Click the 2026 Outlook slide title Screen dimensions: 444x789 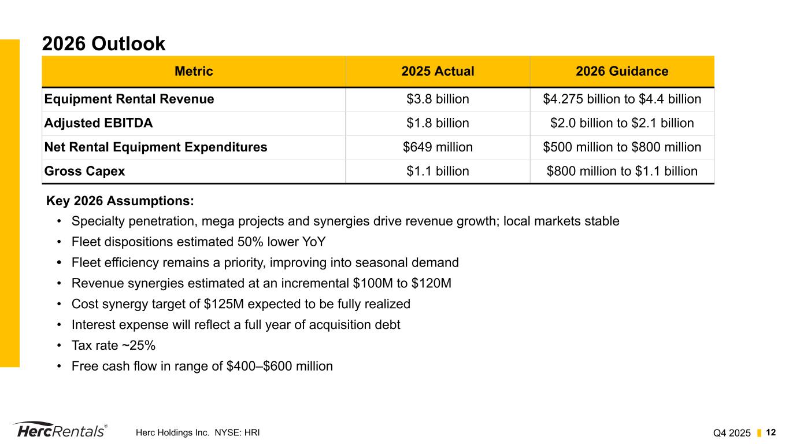[x=103, y=43]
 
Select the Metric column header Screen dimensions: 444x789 [x=194, y=72]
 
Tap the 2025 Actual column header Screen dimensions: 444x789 [x=438, y=72]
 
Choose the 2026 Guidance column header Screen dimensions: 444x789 [x=622, y=72]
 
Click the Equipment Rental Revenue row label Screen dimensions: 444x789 [x=129, y=99]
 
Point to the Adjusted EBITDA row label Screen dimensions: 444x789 [x=99, y=123]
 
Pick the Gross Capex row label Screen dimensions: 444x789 [x=84, y=171]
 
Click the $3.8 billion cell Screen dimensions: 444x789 [x=438, y=99]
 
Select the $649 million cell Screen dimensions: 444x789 [x=438, y=147]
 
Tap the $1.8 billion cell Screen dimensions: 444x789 [x=438, y=123]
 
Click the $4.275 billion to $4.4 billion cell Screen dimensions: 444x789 [x=622, y=99]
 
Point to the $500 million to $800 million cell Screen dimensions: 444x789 [x=622, y=147]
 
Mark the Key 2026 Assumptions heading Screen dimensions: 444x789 [x=120, y=201]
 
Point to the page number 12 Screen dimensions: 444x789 [x=771, y=432]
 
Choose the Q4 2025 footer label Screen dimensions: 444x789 [x=732, y=432]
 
